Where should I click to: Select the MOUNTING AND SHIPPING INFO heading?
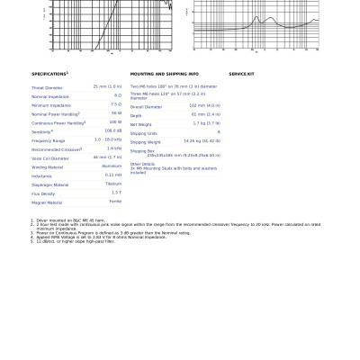164,74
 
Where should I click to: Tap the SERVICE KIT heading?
241,74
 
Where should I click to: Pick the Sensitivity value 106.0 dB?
112,131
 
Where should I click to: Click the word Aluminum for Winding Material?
112,166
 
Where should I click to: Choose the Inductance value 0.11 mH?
112,175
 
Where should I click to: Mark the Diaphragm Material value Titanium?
112,184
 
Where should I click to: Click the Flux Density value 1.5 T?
116,193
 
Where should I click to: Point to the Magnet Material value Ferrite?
115,202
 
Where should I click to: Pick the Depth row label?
136,115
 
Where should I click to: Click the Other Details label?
142,164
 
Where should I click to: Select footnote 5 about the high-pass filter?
63,241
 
